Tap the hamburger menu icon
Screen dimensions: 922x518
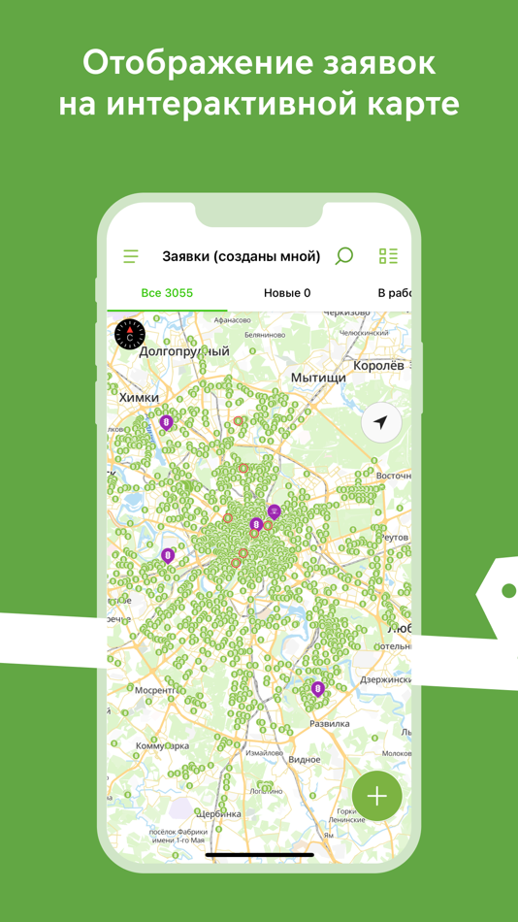[x=131, y=256]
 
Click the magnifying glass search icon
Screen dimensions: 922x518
[x=344, y=256]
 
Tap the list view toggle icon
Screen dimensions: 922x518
[x=388, y=256]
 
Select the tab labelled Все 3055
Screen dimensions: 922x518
[x=167, y=293]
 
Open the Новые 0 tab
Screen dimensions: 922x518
[x=287, y=293]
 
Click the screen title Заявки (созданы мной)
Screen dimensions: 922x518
[x=242, y=256]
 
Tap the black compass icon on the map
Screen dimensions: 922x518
[x=130, y=334]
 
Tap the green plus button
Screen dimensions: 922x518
[x=377, y=796]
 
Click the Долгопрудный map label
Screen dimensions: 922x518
[x=184, y=352]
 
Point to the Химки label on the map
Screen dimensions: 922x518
[x=139, y=397]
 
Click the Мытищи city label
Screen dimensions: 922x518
[x=318, y=377]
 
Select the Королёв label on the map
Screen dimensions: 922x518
[x=378, y=366]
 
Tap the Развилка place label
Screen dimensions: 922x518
[x=329, y=724]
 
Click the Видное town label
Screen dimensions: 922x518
[x=304, y=759]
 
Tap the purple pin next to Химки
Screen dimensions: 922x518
[x=166, y=422]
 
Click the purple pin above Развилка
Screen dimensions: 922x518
[x=318, y=689]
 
